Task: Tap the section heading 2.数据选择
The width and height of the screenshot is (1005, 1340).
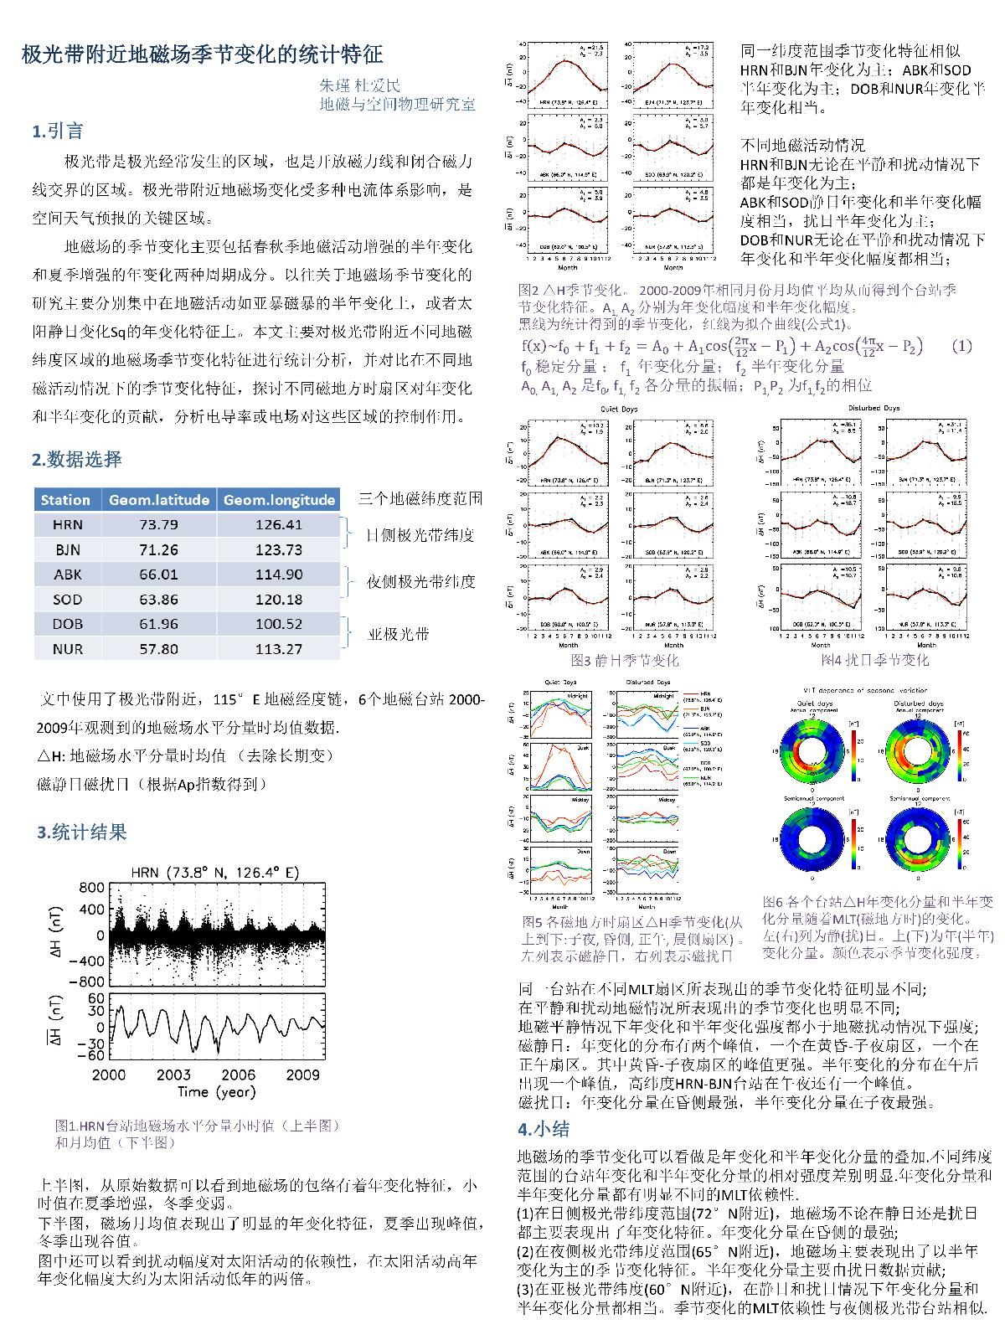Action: click(77, 459)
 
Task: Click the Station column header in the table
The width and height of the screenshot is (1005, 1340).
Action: click(65, 500)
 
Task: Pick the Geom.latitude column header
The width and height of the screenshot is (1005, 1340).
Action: click(159, 500)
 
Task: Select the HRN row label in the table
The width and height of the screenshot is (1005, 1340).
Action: click(67, 525)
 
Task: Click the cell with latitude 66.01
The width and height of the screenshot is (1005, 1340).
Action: click(159, 575)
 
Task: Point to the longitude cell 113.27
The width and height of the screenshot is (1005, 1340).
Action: click(279, 648)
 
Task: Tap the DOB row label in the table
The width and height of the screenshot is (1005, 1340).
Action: click(67, 624)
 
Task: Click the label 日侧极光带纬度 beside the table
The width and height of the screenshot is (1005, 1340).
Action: click(420, 535)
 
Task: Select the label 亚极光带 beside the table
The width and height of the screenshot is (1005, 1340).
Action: click(399, 634)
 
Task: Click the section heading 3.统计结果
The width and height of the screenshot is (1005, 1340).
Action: click(81, 832)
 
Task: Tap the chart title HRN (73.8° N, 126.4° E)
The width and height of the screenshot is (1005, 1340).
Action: click(215, 873)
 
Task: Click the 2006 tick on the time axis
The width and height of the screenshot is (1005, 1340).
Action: click(239, 1075)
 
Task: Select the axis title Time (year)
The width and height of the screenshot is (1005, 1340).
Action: click(216, 1091)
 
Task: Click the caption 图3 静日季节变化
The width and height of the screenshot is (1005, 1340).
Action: click(625, 660)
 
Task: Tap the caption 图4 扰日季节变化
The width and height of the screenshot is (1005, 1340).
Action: click(874, 660)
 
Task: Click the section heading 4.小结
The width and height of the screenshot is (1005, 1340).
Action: click(544, 1129)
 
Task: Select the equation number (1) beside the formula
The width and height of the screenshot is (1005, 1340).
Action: click(962, 346)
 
